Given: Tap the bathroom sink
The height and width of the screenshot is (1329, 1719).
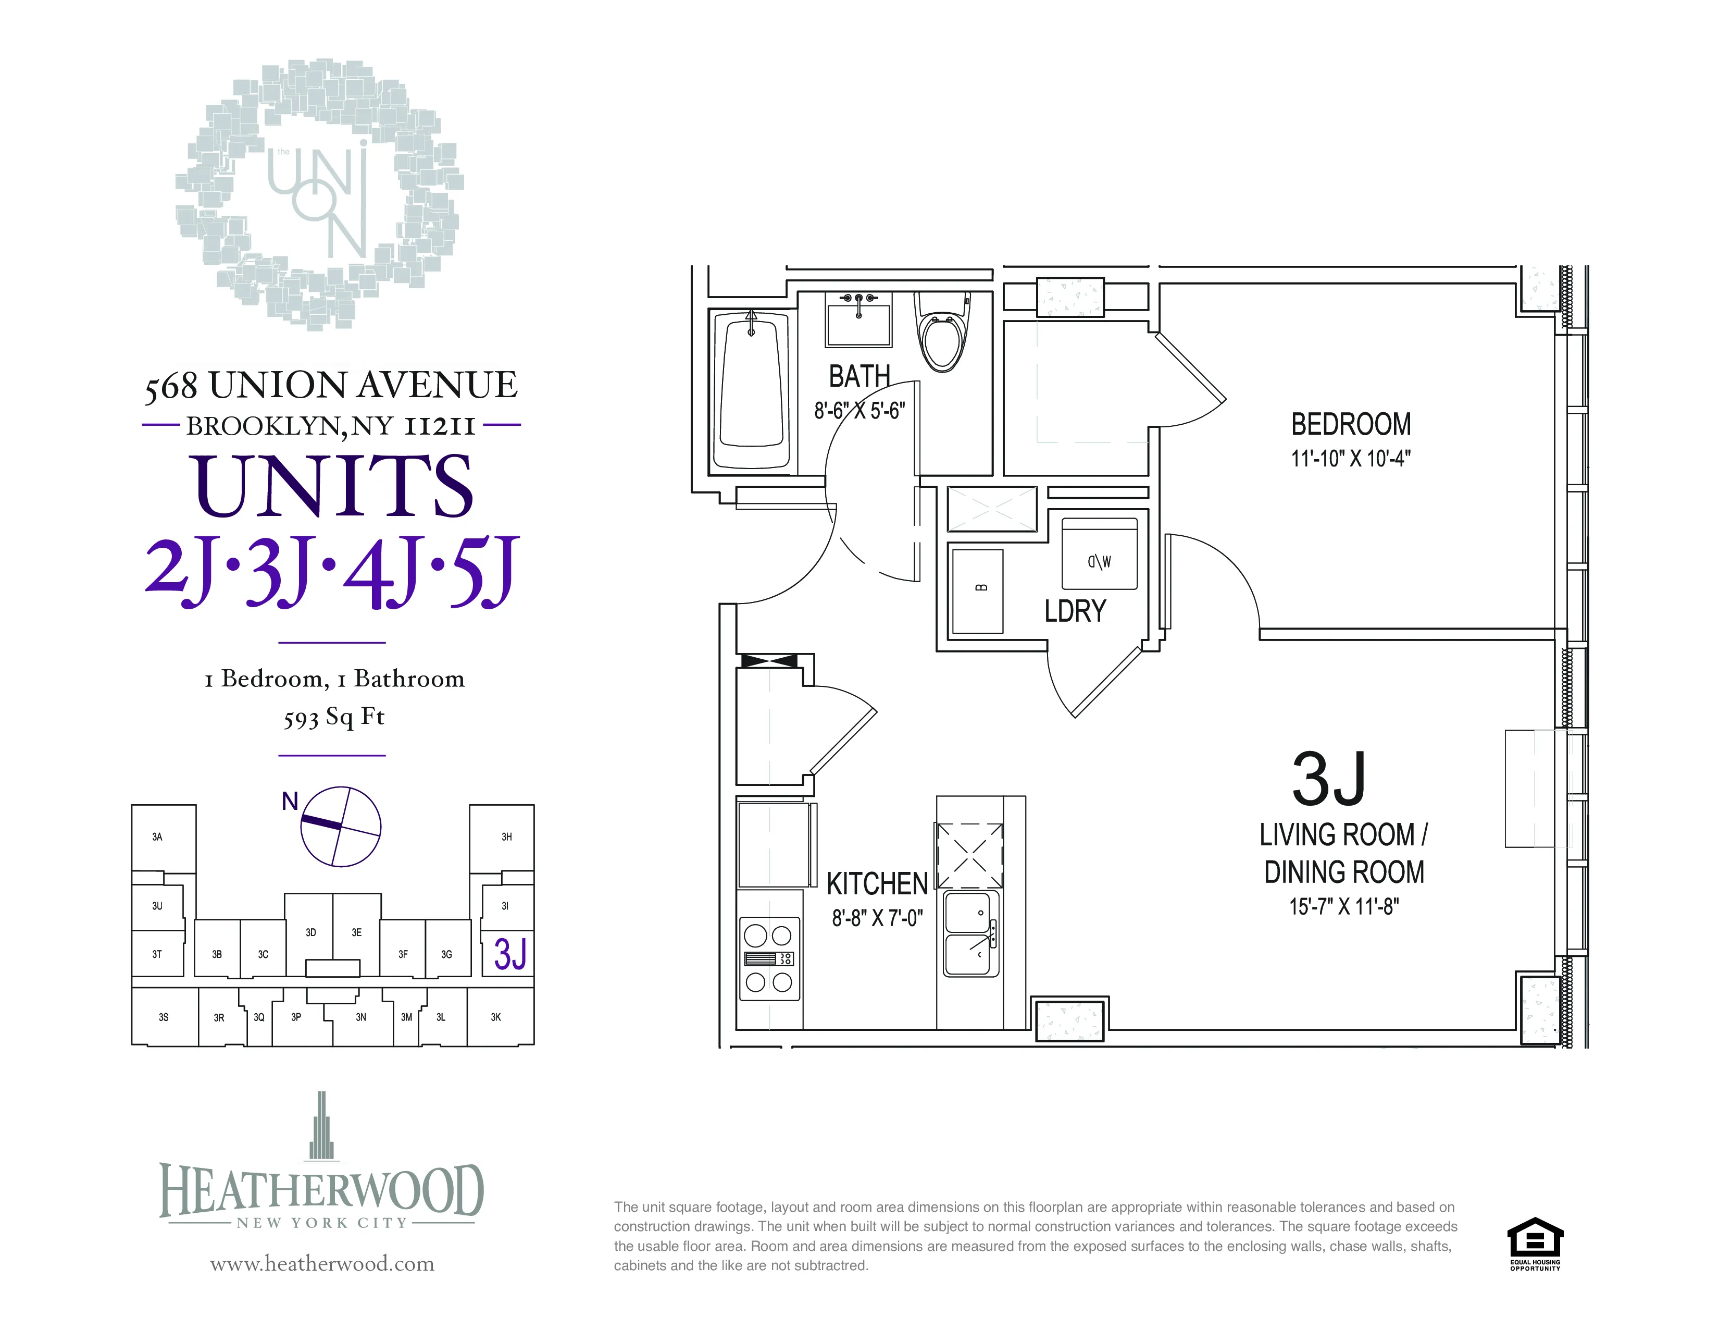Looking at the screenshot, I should pos(858,319).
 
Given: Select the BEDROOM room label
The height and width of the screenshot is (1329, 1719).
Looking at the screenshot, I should pos(1351,424).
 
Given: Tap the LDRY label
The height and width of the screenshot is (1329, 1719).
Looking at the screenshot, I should pos(1075,611).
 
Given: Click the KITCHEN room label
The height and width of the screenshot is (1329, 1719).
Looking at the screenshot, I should pos(877,883).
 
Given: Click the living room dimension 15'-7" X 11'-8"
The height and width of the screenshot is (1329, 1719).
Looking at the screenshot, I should pos(1343,907).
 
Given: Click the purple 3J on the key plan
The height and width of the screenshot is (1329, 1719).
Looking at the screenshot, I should pos(510,953).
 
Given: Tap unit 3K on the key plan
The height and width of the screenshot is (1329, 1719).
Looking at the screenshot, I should pos(496,1017).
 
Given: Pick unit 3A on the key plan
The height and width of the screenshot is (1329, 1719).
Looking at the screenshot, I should pos(157,837).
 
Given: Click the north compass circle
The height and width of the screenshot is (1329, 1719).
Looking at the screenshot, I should pos(341,826).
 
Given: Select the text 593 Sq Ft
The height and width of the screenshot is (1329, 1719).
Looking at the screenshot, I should pos(334,717).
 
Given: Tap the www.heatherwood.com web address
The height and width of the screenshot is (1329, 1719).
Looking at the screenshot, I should pos(322,1264).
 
